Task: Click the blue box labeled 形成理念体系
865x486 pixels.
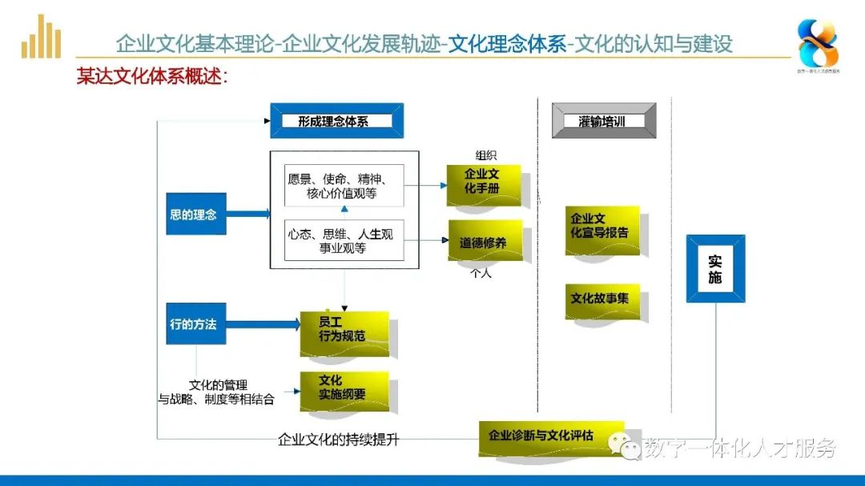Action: point(336,121)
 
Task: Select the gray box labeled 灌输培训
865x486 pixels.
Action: point(603,121)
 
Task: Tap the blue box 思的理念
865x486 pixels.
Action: point(195,215)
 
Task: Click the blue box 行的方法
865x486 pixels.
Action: point(195,324)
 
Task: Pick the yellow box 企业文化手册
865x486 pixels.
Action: point(485,183)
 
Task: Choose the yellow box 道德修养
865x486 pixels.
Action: point(485,242)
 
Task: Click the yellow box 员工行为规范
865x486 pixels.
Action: point(344,331)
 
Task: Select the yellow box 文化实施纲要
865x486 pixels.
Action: point(344,389)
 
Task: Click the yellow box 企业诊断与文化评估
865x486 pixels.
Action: point(551,436)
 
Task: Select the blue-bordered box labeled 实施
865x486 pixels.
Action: point(715,269)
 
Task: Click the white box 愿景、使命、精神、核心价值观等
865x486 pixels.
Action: point(344,186)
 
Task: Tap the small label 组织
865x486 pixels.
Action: point(485,155)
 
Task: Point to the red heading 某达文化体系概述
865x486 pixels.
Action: point(152,77)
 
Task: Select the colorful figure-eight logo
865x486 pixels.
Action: point(818,43)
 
